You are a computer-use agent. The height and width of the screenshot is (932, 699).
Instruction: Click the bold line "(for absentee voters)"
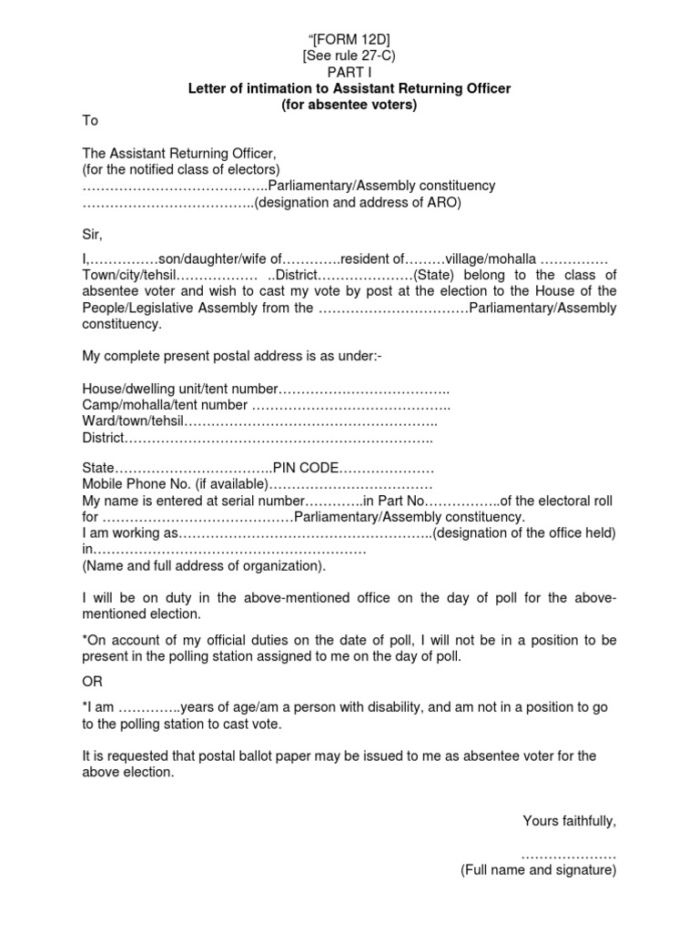click(x=350, y=105)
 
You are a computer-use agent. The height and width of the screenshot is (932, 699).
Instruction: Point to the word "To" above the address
click(x=90, y=120)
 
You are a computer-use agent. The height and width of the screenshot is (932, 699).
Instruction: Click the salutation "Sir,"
click(x=92, y=235)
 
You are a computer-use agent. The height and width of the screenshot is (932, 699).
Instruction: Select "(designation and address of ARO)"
click(x=358, y=203)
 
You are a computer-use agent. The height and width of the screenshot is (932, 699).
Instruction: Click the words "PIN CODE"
click(x=308, y=468)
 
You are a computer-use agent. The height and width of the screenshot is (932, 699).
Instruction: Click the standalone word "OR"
click(x=94, y=681)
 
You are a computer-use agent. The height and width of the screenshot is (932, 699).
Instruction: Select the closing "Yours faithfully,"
click(x=570, y=821)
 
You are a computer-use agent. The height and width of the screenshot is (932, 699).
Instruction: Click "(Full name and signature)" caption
click(x=539, y=871)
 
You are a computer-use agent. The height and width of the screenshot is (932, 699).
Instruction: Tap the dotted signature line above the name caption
click(x=570, y=856)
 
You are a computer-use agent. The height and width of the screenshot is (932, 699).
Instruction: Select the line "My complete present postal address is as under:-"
click(x=232, y=355)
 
